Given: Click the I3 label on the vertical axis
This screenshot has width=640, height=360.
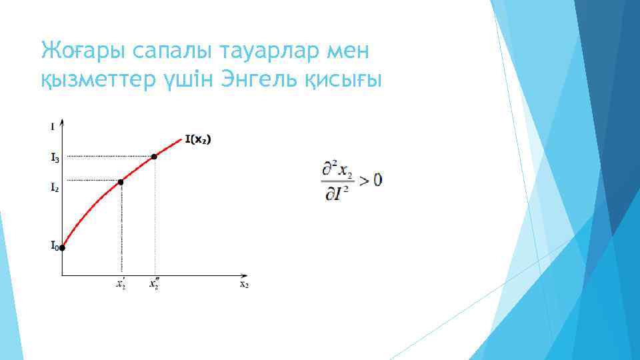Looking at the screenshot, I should pyautogui.click(x=55, y=159).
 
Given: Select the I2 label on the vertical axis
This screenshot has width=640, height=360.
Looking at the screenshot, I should pyautogui.click(x=55, y=188).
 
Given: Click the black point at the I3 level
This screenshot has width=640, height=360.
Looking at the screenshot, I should pyautogui.click(x=154, y=157).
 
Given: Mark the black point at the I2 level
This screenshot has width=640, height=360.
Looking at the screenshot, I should pyautogui.click(x=121, y=181).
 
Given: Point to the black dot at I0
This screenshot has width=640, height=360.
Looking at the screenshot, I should pyautogui.click(x=62, y=248).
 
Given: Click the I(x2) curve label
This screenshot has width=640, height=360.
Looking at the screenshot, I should pyautogui.click(x=202, y=139).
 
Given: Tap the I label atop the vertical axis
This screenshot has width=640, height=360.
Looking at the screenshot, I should pyautogui.click(x=53, y=125).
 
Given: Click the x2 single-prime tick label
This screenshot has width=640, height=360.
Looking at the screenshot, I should pyautogui.click(x=121, y=284).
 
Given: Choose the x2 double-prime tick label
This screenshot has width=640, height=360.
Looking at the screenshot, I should pyautogui.click(x=154, y=284).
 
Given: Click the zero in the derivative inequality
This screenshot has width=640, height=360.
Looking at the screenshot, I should pyautogui.click(x=378, y=179).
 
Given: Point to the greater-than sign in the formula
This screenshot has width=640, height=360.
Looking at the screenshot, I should pyautogui.click(x=364, y=179).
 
